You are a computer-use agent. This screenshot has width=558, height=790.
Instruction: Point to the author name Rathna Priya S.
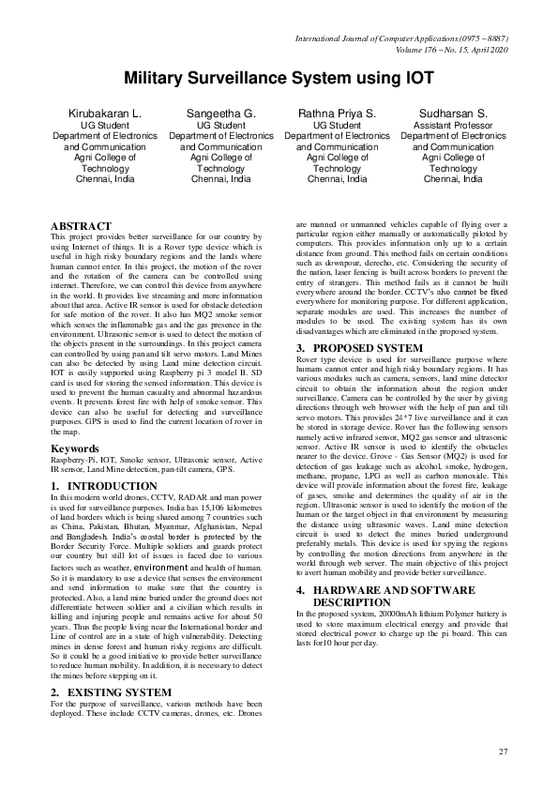click(x=337, y=114)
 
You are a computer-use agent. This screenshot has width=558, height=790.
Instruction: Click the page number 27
click(x=503, y=752)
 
